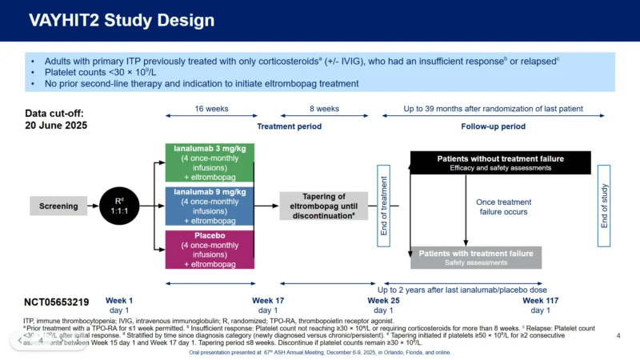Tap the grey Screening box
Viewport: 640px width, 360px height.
(x=58, y=206)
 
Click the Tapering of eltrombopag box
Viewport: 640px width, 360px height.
(x=324, y=206)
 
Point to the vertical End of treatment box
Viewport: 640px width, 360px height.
(x=383, y=206)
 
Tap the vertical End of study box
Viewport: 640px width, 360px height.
(x=604, y=206)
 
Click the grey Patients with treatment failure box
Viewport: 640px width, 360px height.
(x=476, y=257)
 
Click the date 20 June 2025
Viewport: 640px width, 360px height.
(x=55, y=126)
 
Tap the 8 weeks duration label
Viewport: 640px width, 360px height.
(x=324, y=109)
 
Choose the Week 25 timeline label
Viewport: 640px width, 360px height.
(x=383, y=300)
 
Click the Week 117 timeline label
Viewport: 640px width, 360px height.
(x=541, y=300)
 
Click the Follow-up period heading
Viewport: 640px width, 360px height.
(x=493, y=126)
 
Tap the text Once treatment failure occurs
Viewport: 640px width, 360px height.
(x=505, y=208)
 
